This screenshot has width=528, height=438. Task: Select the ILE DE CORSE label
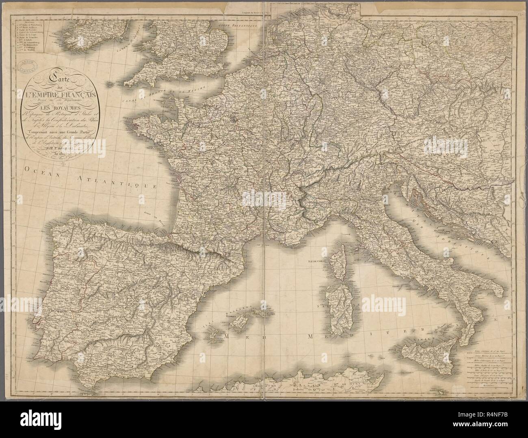point(317,262)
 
